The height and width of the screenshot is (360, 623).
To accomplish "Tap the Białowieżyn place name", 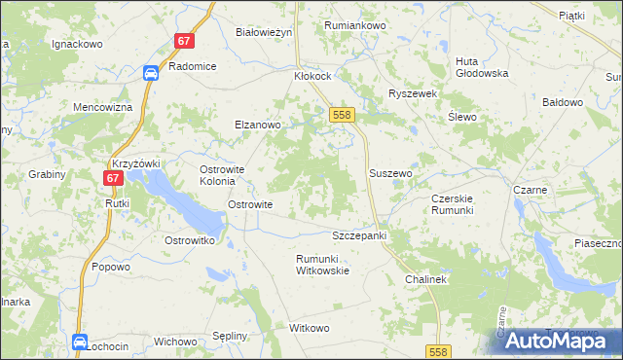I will point(265,32).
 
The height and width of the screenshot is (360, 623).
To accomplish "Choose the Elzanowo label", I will point(257,125).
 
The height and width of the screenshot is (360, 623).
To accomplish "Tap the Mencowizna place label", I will point(102,107).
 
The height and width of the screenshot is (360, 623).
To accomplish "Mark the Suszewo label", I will point(391,173).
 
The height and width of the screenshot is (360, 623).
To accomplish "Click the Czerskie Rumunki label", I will point(452,204).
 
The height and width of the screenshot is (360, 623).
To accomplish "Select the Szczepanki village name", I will point(360,236).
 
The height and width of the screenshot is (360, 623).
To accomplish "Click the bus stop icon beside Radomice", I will point(151,73).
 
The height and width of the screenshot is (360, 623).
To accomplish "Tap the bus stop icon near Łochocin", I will point(79,342).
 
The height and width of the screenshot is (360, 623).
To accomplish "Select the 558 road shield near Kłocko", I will point(341,115).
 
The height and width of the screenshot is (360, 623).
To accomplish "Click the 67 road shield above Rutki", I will point(113,178).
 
